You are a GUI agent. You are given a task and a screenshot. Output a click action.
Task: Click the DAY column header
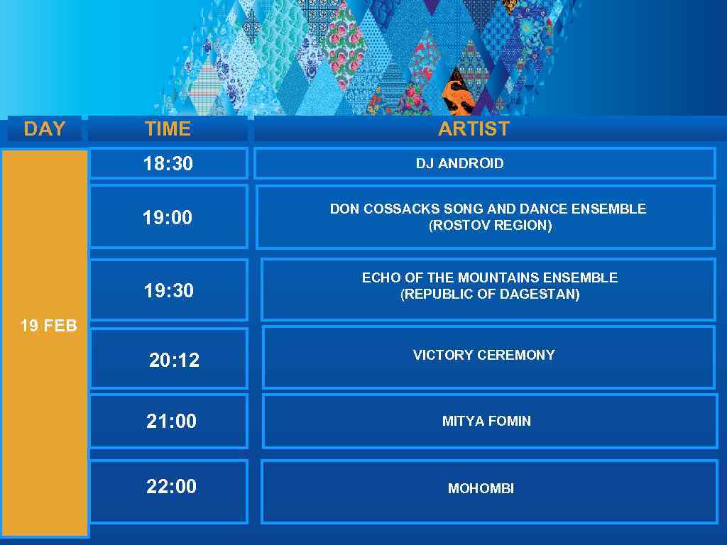click(x=44, y=128)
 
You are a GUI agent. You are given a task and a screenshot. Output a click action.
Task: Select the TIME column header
click(x=168, y=128)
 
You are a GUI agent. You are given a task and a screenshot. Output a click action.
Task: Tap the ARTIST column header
click(x=474, y=128)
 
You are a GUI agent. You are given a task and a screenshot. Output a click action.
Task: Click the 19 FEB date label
click(x=48, y=326)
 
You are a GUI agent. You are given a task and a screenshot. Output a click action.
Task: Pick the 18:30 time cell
click(x=168, y=164)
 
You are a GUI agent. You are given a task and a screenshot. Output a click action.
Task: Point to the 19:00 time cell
click(x=168, y=217)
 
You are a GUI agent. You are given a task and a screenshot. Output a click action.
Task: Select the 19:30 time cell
click(x=169, y=290)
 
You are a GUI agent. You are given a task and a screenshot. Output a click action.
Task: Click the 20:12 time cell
click(x=174, y=360)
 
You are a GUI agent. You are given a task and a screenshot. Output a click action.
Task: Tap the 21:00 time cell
click(x=171, y=421)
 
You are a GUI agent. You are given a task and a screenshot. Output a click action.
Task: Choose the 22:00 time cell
click(x=171, y=486)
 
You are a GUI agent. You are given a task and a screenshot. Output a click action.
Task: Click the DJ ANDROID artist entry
click(x=459, y=163)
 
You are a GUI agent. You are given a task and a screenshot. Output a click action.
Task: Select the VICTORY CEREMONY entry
click(x=483, y=355)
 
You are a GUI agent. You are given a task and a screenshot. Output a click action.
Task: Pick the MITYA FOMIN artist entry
click(x=486, y=421)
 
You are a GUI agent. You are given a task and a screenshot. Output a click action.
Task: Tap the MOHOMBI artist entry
click(x=481, y=488)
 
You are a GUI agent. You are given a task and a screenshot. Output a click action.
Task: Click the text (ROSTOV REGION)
click(x=490, y=226)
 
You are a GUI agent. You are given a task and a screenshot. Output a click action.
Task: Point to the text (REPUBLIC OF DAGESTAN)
click(x=490, y=294)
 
